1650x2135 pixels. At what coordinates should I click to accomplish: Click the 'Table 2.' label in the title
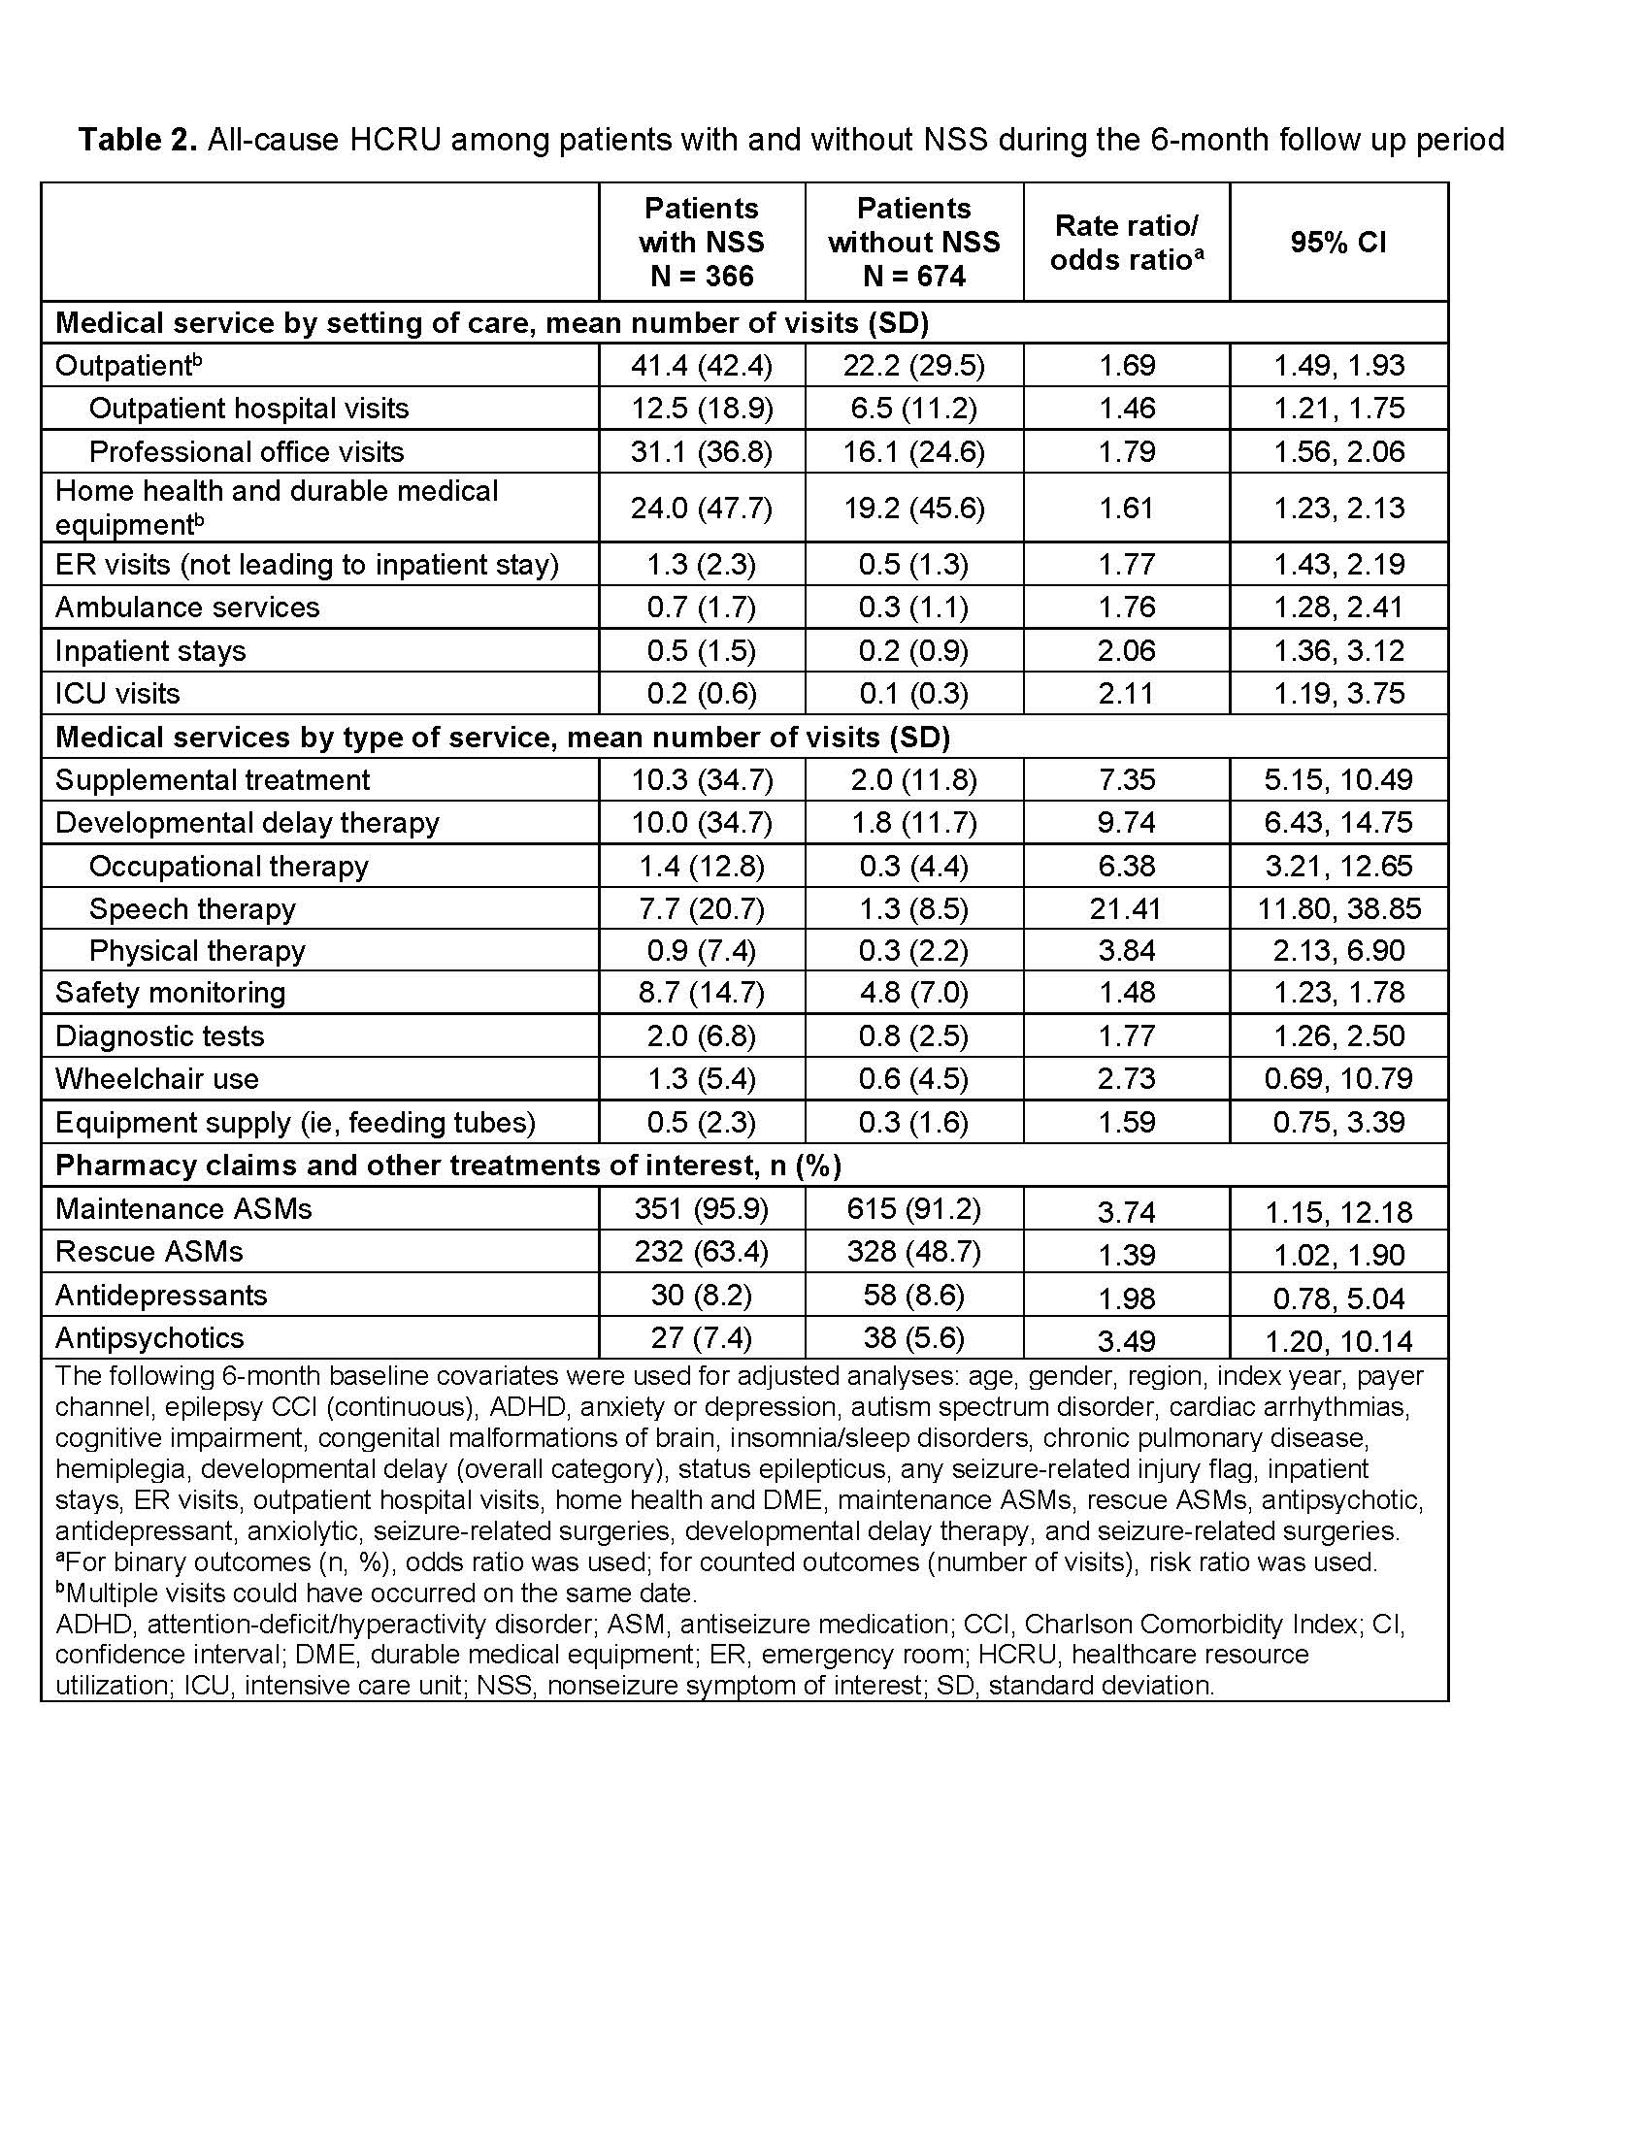coord(138,141)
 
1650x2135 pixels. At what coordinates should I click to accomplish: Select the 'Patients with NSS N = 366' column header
coord(701,243)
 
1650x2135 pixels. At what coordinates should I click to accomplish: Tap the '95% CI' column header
coord(1337,243)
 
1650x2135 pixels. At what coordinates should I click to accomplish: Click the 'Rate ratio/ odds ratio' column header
coord(1126,243)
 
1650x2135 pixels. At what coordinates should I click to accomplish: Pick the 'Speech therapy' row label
coord(192,909)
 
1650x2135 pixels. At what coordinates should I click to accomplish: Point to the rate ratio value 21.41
coord(1126,909)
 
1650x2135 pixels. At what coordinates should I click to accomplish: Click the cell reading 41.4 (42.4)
coord(701,366)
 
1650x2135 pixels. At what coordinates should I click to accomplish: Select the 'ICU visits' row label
coord(117,694)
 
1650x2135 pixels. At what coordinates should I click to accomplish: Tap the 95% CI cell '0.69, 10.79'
coord(1338,1079)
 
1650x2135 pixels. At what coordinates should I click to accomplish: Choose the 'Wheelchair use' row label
coord(156,1079)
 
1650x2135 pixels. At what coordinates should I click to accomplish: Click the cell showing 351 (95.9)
coord(701,1209)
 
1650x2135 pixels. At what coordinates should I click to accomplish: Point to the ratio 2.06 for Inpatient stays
coord(1126,651)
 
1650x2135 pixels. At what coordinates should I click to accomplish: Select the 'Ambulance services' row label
coord(186,608)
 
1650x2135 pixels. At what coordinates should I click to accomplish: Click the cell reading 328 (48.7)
coord(913,1252)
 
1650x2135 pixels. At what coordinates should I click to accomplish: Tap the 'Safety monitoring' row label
coord(170,993)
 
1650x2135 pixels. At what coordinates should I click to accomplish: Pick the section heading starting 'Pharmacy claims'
coord(447,1166)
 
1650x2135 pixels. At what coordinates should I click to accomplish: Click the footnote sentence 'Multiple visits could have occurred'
coord(378,1593)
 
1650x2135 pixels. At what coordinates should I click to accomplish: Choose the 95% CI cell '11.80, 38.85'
coord(1338,909)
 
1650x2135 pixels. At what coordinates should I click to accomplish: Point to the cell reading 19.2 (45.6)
coord(913,509)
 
